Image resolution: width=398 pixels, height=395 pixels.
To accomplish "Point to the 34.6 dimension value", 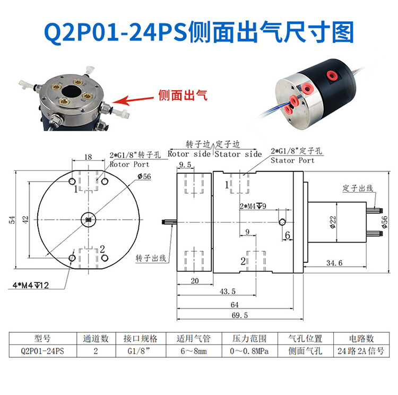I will pyautogui.click(x=334, y=263).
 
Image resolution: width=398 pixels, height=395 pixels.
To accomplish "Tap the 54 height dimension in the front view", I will pyautogui.click(x=12, y=220).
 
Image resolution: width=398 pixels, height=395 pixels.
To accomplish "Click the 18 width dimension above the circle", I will pyautogui.click(x=88, y=157).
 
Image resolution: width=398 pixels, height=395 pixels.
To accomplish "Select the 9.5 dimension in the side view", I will pyautogui.click(x=185, y=165).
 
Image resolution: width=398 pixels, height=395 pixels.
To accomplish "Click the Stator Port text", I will pyautogui.click(x=292, y=160).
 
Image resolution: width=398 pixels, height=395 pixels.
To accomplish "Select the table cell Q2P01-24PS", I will pyautogui.click(x=42, y=351).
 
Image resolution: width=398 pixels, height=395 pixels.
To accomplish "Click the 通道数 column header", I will pyautogui.click(x=96, y=338).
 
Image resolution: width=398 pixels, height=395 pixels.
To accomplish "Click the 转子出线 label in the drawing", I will pyautogui.click(x=151, y=258).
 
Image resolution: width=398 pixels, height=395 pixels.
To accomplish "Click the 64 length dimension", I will pyautogui.click(x=234, y=305).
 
